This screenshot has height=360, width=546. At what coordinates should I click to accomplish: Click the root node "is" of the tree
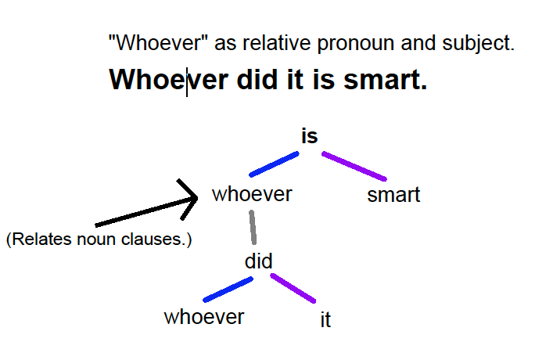click(x=310, y=136)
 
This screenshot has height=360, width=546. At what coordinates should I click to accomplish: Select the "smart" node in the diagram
click(x=393, y=195)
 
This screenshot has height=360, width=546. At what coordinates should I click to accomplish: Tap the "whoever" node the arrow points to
click(x=252, y=194)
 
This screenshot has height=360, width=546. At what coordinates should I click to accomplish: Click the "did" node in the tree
click(x=258, y=261)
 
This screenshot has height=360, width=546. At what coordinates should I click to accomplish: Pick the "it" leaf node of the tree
click(x=325, y=319)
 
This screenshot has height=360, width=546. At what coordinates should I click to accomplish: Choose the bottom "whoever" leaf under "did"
click(x=204, y=317)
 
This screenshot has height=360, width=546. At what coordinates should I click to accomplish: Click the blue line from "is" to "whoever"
click(x=274, y=164)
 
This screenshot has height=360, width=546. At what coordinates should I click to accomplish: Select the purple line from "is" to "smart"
click(x=354, y=166)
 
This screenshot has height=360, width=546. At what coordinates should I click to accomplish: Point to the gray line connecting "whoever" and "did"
click(x=253, y=227)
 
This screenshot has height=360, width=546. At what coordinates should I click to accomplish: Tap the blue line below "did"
click(x=228, y=290)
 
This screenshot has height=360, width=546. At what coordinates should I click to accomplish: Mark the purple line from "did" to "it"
click(x=293, y=288)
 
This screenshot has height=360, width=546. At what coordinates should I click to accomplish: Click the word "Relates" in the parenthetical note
click(x=38, y=239)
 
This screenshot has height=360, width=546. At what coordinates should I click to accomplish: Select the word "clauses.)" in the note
click(x=156, y=239)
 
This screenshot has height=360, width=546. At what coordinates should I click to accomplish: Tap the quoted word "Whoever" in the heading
click(x=158, y=43)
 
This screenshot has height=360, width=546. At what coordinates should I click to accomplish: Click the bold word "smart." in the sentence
click(x=385, y=80)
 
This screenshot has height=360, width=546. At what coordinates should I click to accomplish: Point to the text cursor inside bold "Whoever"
click(x=187, y=82)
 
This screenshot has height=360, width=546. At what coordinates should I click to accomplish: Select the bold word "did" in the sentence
click(x=257, y=80)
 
